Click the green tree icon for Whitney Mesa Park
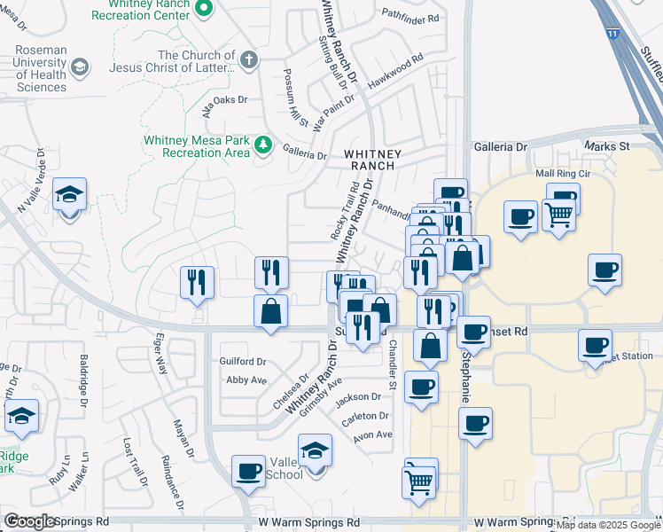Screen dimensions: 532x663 pos(263,145)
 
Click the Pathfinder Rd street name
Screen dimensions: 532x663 pos(410,17)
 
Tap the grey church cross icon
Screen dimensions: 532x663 pos(250,60)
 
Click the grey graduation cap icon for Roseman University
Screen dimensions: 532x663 pos(79,67)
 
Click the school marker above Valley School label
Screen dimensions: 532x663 pos(315,450)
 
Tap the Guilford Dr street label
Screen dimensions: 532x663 pos(243,362)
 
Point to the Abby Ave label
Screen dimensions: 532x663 pos(246,379)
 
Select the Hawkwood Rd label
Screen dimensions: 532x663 pos(395,71)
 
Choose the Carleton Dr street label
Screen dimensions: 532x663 pos(366,416)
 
